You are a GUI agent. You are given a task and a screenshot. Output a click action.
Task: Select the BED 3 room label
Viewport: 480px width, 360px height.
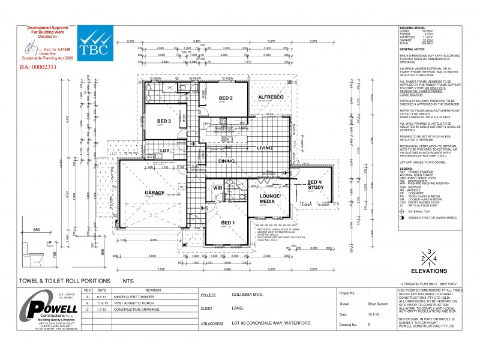tap(164, 121)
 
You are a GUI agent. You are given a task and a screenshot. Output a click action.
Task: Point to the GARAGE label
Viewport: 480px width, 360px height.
tap(155, 193)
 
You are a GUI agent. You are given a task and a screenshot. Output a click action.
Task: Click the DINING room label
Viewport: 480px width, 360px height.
tap(226, 161)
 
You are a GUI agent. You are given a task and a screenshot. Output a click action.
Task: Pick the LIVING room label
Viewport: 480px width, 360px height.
tap(265, 147)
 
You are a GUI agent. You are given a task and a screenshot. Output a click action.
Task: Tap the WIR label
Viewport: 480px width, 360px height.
tap(217, 188)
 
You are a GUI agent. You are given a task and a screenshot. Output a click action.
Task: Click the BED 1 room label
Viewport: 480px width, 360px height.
tap(227, 223)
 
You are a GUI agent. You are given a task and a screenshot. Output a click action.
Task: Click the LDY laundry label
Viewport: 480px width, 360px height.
tap(163, 151)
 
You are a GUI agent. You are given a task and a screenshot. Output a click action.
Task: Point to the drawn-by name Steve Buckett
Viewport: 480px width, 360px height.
tap(377, 304)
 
